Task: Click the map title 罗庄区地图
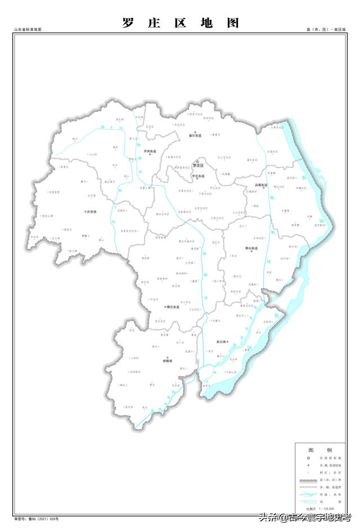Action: point(180,23)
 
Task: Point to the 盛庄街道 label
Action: point(194,135)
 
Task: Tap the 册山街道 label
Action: point(251,248)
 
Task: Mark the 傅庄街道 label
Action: point(172,307)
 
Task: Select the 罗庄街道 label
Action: point(199,176)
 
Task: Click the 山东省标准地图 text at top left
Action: point(28,29)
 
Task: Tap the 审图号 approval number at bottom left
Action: point(37,519)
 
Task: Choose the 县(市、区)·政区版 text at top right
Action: point(326,29)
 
